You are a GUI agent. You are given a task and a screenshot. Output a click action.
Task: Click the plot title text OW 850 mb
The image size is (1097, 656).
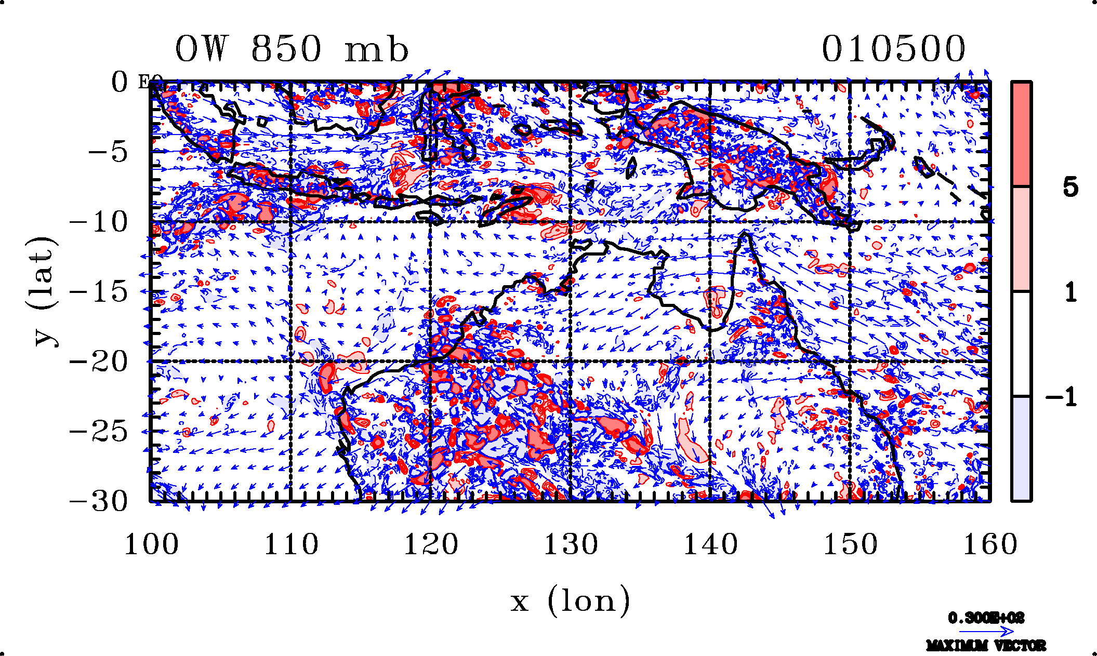pos(292,49)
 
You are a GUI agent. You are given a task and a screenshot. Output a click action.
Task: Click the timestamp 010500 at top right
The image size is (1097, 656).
pos(893,49)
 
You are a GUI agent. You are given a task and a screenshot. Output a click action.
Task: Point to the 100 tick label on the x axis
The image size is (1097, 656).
pos(151,545)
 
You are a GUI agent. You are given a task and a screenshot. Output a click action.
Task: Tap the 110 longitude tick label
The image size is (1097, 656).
pos(291,545)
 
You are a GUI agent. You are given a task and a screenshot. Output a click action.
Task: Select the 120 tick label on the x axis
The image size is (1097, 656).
pos(431,545)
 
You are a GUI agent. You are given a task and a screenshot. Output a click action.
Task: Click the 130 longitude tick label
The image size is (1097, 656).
pos(571,545)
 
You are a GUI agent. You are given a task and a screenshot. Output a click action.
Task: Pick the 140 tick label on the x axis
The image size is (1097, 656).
pos(710,545)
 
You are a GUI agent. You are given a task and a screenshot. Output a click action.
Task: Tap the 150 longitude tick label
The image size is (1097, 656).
pos(850,545)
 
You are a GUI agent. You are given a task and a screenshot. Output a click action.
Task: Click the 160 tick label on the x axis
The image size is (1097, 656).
pos(990,545)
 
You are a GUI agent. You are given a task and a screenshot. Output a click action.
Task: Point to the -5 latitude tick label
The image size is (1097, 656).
pos(108,152)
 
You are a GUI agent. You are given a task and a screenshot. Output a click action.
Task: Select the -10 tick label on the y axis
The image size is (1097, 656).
pos(99,222)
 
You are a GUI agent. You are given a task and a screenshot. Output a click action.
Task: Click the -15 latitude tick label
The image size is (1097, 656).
pos(99,292)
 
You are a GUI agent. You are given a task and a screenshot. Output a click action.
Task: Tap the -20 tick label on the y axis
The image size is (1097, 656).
pos(99,362)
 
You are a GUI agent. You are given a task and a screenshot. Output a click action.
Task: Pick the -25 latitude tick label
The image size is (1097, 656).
pos(99,431)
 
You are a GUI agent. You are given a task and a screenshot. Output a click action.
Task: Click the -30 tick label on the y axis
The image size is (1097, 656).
pos(99,501)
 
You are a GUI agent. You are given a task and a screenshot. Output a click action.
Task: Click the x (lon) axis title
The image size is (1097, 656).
pos(570,601)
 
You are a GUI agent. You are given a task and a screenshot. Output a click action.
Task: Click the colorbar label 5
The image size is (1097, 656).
pos(1070,187)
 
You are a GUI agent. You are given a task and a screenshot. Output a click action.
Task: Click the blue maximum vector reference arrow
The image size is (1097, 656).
pos(986,632)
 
